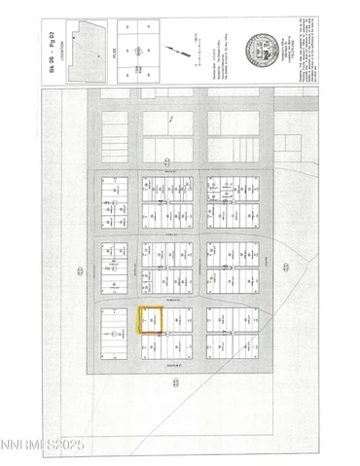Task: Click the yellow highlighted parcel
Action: tap(151, 321)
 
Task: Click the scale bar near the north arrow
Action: tap(195, 49)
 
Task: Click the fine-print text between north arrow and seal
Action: tap(226, 48)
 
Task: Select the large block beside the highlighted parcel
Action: tap(114, 335)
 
